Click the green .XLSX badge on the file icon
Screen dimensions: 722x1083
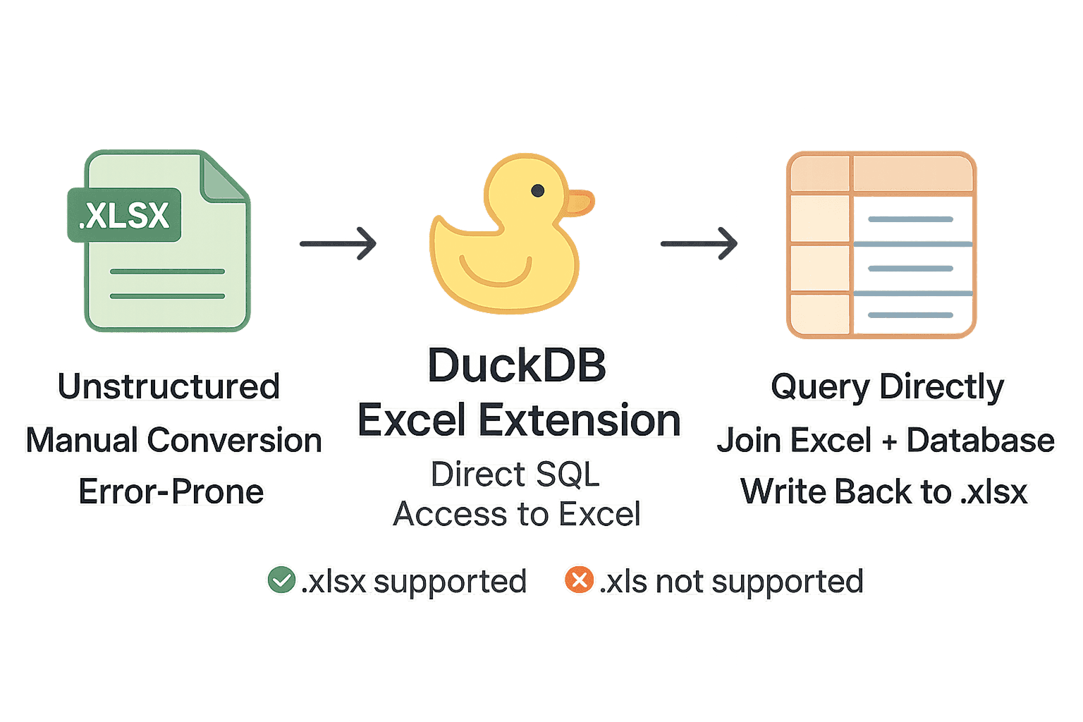pyautogui.click(x=125, y=215)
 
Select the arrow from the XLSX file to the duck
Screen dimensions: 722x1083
pyautogui.click(x=338, y=243)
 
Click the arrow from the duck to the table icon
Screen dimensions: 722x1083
pyautogui.click(x=699, y=243)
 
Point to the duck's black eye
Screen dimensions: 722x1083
pyautogui.click(x=537, y=190)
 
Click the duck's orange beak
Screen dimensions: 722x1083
pyautogui.click(x=580, y=202)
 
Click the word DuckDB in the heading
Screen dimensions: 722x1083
pyautogui.click(x=517, y=366)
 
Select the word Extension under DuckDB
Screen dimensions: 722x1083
pyautogui.click(x=580, y=420)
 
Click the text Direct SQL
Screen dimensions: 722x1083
pyautogui.click(x=515, y=475)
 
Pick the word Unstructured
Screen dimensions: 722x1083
pyautogui.click(x=169, y=386)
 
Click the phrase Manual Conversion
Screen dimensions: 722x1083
pyautogui.click(x=174, y=441)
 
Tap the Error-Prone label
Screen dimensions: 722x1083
pyautogui.click(x=171, y=491)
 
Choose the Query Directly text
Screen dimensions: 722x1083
pyautogui.click(x=887, y=387)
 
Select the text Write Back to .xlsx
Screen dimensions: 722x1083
pyautogui.click(x=884, y=491)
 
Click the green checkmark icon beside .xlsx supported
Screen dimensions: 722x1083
pyautogui.click(x=281, y=580)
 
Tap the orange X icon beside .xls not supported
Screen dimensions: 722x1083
pyautogui.click(x=579, y=580)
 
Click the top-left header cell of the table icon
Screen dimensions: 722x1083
pyautogui.click(x=820, y=173)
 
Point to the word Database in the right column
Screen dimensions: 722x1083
pyautogui.click(x=980, y=441)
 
